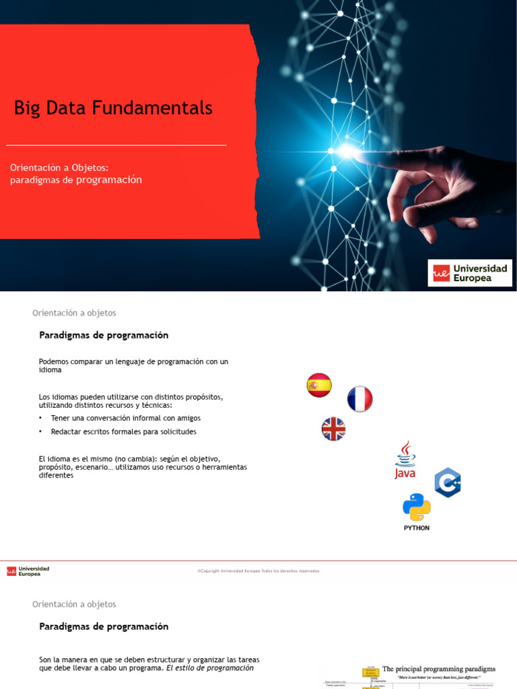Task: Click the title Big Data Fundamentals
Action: tap(113, 108)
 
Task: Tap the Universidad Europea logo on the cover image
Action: tap(470, 273)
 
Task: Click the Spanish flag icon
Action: tap(319, 385)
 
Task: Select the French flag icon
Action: tap(360, 399)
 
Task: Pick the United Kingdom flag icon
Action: tap(333, 429)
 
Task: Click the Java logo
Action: tap(405, 460)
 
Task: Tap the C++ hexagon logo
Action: tap(447, 482)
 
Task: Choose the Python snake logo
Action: tap(417, 507)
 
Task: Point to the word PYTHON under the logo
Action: tap(417, 528)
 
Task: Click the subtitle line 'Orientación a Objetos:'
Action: tap(59, 168)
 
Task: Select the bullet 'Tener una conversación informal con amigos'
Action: tap(125, 418)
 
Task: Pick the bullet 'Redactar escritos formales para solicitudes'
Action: tap(123, 431)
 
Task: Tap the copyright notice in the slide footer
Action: tap(258, 571)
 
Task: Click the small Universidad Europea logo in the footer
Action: tap(28, 571)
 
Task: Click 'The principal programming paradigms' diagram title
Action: tap(439, 669)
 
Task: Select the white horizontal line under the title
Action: tap(116, 145)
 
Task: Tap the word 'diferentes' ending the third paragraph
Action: tap(56, 475)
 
